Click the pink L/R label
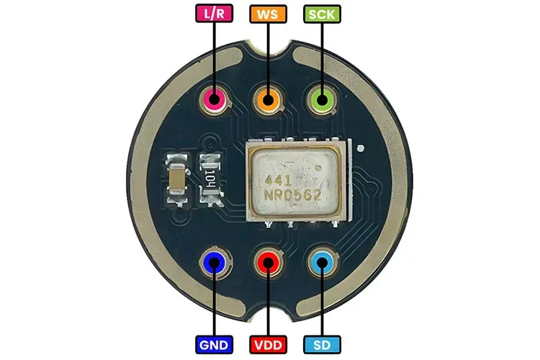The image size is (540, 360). (x=215, y=14)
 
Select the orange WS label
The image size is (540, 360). (x=268, y=14)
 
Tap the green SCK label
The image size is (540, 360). (x=322, y=14)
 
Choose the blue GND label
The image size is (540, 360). (x=215, y=344)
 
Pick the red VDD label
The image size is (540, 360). (x=268, y=344)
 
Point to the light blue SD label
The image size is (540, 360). (x=322, y=344)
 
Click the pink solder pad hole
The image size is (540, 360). (x=215, y=99)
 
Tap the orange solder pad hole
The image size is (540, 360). (x=268, y=99)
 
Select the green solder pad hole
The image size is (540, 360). (x=322, y=99)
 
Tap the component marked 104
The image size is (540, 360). (x=210, y=180)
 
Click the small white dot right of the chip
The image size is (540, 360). (x=361, y=148)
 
